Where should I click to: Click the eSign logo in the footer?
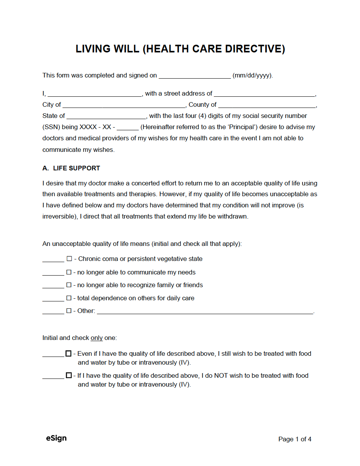tap(56, 438)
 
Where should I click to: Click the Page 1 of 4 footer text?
tap(295, 439)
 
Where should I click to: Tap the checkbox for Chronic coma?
tap(69, 259)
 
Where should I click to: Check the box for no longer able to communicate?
tap(69, 272)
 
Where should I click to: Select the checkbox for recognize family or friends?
tap(69, 285)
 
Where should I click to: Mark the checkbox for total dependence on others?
tap(69, 298)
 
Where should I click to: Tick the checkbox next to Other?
tap(69, 311)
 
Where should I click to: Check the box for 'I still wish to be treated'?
tap(69, 353)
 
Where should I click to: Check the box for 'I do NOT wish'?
tap(69, 375)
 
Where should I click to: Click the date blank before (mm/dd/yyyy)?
tap(195, 76)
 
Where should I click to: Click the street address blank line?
tap(264, 94)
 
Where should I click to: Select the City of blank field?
tap(124, 105)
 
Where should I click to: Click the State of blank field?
tap(106, 116)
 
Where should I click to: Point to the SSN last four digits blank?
tap(127, 128)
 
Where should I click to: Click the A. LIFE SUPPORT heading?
tap(71, 168)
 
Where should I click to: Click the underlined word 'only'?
tap(97, 338)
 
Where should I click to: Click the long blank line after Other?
tap(205, 311)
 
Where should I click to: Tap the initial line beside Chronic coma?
tap(53, 260)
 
